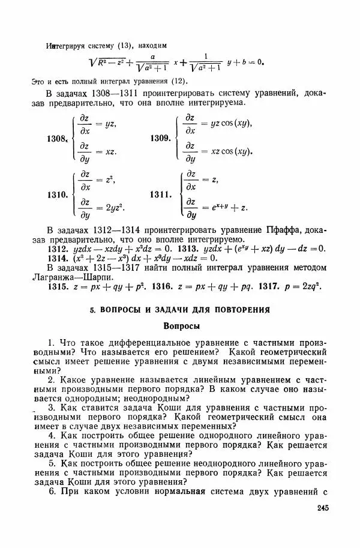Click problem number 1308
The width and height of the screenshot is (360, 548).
pyautogui.click(x=56, y=139)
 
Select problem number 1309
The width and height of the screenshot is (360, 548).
pyautogui.click(x=161, y=139)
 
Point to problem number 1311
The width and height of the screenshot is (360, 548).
pyautogui.click(x=161, y=194)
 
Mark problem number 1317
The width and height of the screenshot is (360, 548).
pyautogui.click(x=271, y=286)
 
